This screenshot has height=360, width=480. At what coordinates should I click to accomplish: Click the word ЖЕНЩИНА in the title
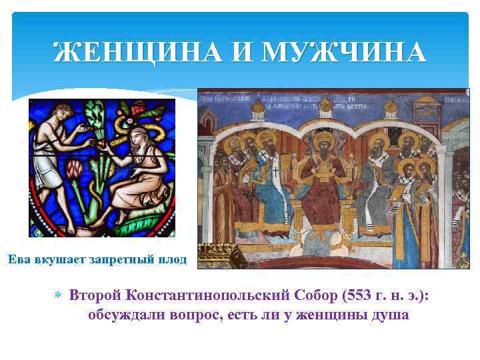tap(136, 51)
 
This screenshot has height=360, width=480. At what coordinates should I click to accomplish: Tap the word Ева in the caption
tap(20, 259)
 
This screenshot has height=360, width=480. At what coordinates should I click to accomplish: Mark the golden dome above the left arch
tap(257, 107)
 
